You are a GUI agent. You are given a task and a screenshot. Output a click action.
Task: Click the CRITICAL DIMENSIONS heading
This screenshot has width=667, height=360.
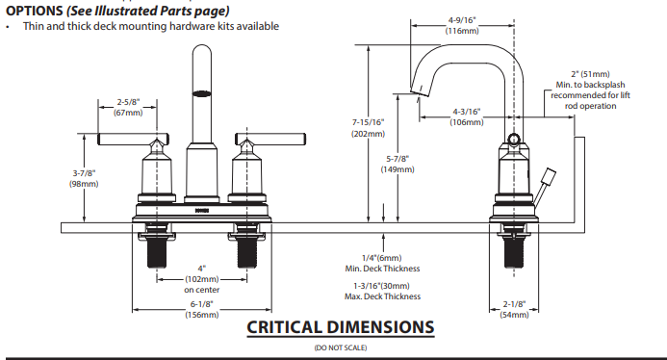coord(341,327)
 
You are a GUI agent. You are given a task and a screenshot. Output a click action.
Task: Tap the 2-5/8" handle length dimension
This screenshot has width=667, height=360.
coord(128,107)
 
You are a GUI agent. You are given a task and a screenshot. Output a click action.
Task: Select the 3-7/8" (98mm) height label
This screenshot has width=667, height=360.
coord(84,178)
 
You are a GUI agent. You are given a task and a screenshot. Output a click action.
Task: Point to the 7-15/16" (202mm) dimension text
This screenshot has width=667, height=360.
coord(368,128)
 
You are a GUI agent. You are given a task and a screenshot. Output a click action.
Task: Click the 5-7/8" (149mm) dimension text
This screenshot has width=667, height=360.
coord(398,164)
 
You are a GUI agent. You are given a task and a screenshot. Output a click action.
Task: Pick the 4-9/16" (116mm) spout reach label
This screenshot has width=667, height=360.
coord(462,25)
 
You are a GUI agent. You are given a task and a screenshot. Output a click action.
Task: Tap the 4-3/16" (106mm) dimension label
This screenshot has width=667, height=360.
coord(467,116)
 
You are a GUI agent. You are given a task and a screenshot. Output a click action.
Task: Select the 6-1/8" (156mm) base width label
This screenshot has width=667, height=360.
coord(201,309)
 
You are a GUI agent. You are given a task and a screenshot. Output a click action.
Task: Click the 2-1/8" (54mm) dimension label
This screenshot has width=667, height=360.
coord(514,309)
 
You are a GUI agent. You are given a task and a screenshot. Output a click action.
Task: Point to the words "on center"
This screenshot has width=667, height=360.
coord(201,290)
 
